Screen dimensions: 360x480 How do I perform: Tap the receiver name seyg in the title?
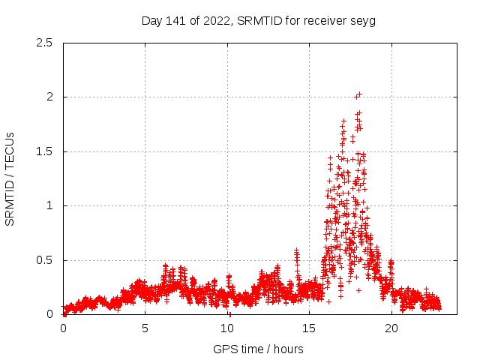(363, 20)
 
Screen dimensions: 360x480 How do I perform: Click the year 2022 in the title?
(215, 20)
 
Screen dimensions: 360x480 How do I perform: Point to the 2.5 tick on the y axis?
(44, 43)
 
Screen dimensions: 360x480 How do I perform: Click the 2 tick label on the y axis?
(49, 97)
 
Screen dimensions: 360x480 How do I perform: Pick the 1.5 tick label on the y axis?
(44, 151)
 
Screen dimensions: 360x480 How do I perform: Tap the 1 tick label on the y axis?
(49, 205)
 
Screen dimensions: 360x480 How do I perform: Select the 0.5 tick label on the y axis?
(44, 260)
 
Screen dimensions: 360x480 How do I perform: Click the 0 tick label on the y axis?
(49, 314)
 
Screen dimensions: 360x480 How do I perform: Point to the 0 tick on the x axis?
(63, 328)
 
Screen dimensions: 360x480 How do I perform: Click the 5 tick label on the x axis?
(145, 328)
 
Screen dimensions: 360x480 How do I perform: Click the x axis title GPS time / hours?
(258, 349)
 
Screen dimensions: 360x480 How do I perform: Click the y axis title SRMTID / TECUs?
(10, 178)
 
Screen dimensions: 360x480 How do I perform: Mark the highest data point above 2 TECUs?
(359, 94)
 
